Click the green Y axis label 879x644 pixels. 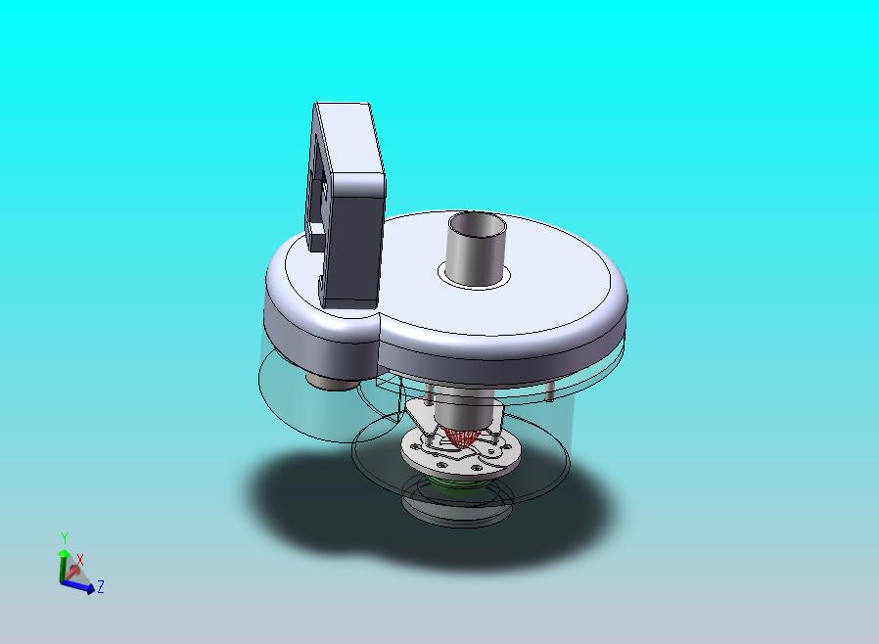click(65, 538)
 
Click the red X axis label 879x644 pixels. click(80, 560)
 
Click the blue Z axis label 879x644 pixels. click(101, 587)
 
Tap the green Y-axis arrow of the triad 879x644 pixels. click(64, 565)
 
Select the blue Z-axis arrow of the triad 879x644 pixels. click(78, 586)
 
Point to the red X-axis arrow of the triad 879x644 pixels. click(72, 572)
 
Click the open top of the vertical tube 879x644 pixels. click(477, 224)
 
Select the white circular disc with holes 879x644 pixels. click(461, 452)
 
